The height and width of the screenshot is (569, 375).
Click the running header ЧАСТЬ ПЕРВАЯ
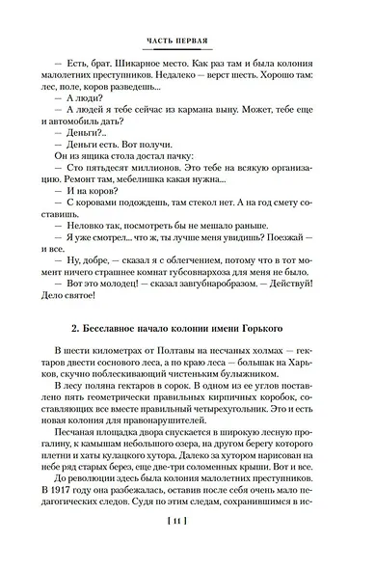[187, 41]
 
